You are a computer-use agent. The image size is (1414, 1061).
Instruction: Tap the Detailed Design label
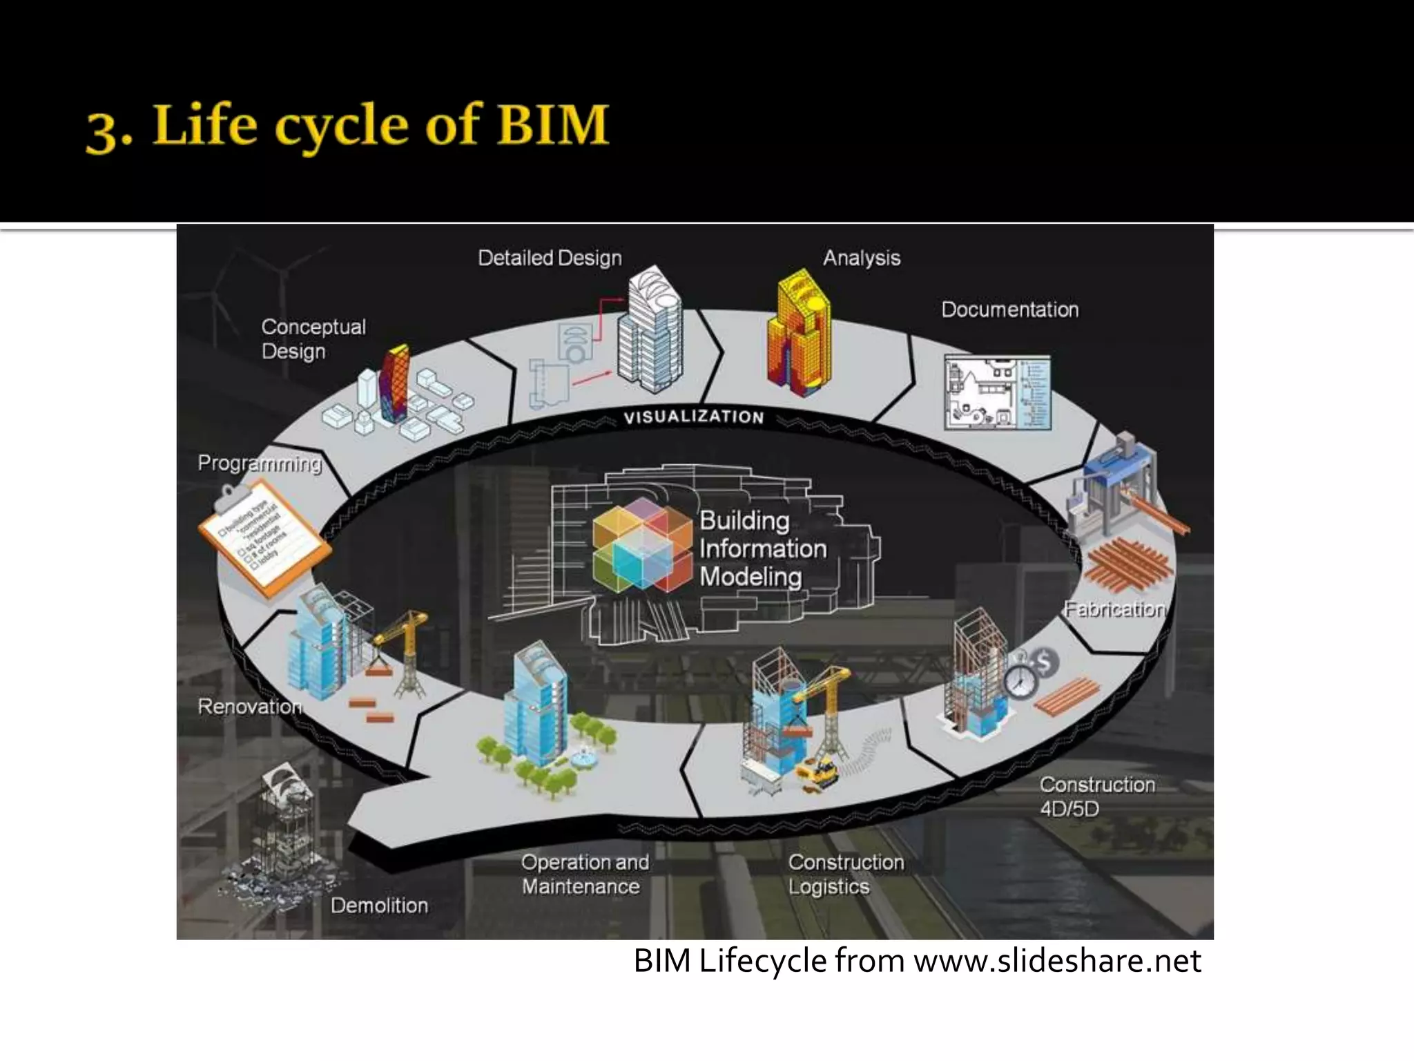(x=550, y=258)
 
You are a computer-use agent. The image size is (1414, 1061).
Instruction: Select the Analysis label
(x=862, y=258)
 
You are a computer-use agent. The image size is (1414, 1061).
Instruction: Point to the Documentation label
(x=1009, y=309)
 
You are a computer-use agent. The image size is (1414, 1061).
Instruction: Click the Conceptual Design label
(x=313, y=339)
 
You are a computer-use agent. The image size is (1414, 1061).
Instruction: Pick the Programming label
(x=260, y=463)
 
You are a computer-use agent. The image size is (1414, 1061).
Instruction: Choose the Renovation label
(x=250, y=707)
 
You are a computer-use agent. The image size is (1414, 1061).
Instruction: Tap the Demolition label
(x=379, y=906)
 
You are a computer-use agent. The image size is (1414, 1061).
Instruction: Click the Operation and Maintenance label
(x=584, y=874)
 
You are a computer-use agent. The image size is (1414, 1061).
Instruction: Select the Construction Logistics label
(x=846, y=874)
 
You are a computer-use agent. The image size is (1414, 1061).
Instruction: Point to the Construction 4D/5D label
(x=1096, y=796)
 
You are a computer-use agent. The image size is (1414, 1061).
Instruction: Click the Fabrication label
(x=1114, y=609)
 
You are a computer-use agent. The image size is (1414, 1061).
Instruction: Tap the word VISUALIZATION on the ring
(x=694, y=417)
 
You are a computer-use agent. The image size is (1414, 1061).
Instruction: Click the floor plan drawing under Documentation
(x=997, y=393)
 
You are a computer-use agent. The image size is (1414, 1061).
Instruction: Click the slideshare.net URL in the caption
(x=1057, y=961)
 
